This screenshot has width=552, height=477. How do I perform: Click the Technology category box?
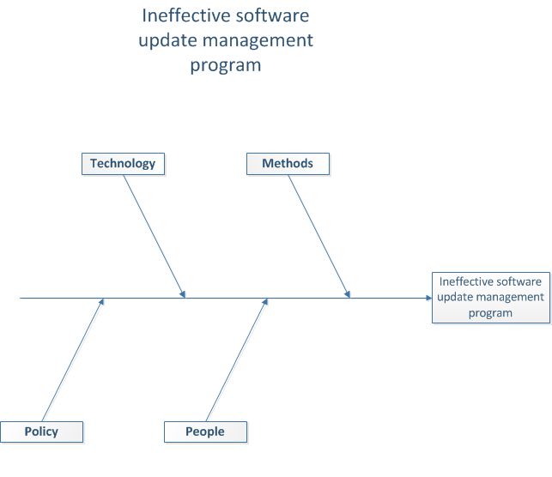tap(124, 164)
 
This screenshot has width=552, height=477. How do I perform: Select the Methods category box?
tap(288, 164)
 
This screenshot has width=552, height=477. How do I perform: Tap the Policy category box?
tap(41, 432)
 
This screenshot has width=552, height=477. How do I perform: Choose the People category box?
tap(205, 432)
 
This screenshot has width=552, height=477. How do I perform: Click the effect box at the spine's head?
tap(491, 298)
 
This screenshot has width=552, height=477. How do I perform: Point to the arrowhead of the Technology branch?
tap(183, 294)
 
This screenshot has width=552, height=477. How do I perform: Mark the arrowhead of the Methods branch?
tap(347, 294)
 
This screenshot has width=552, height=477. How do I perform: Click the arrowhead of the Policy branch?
tap(101, 302)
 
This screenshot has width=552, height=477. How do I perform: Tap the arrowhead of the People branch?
tap(265, 302)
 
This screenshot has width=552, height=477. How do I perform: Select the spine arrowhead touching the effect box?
tap(428, 298)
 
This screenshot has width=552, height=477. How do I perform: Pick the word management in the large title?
tap(258, 41)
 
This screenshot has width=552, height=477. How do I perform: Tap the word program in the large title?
tap(226, 66)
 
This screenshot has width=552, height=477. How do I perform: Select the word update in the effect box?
tap(450, 298)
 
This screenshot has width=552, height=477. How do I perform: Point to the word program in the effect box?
tap(490, 313)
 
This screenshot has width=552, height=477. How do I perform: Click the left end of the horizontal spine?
tap(20, 298)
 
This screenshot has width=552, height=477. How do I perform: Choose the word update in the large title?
tap(167, 41)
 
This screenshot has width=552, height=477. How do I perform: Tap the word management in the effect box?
tap(505, 298)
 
